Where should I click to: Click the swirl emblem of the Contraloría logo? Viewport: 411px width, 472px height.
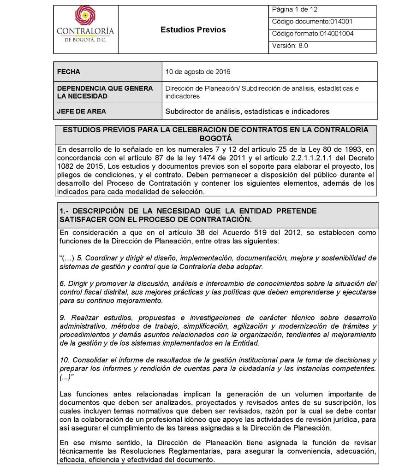[85, 16]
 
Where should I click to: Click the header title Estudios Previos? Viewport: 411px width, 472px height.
[193, 30]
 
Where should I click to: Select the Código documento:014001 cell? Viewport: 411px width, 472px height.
[313, 22]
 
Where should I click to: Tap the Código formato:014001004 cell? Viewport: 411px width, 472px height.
[313, 34]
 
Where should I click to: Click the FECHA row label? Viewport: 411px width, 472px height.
[68, 72]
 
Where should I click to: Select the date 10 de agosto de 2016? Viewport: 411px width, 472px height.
[198, 72]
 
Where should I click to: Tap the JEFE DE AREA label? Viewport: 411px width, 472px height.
[81, 112]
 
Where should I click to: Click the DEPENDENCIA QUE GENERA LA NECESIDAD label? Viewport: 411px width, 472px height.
[105, 92]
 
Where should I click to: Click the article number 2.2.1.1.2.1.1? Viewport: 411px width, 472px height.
[307, 158]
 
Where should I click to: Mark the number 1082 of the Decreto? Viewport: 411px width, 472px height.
[66, 166]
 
